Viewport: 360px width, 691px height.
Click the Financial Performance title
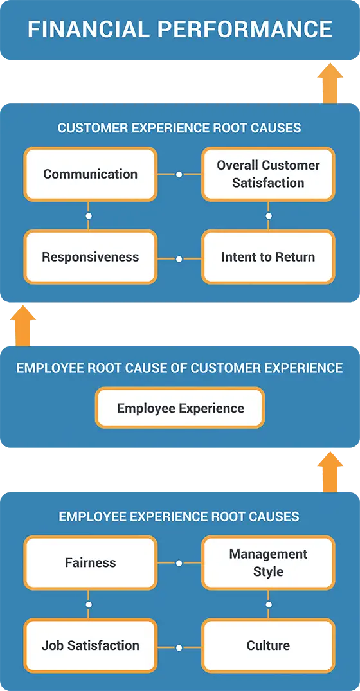[x=179, y=29]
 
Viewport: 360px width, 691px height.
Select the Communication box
[x=90, y=174]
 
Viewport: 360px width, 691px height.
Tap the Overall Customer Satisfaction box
[x=268, y=174]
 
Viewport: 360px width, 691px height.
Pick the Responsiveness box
[x=90, y=257]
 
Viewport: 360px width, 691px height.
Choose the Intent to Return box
[x=268, y=257]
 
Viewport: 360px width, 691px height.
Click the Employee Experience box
[x=180, y=408]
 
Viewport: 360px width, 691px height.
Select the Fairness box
[x=90, y=563]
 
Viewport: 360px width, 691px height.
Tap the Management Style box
[x=268, y=563]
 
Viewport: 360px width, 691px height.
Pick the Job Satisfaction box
[x=90, y=645]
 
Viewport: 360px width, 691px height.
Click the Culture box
[x=268, y=645]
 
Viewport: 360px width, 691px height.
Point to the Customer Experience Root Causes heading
[x=179, y=128]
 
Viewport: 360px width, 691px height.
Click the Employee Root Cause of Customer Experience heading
[x=179, y=368]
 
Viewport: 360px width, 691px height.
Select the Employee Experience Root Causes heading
[x=179, y=516]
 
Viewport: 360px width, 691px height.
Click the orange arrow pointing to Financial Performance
[x=330, y=84]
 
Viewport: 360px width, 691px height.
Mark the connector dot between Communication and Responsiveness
[x=89, y=215]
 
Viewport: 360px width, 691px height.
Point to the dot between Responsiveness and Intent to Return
[x=179, y=259]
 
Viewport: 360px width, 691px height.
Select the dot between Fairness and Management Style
[x=179, y=563]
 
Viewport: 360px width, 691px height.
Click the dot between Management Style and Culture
[x=269, y=604]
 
